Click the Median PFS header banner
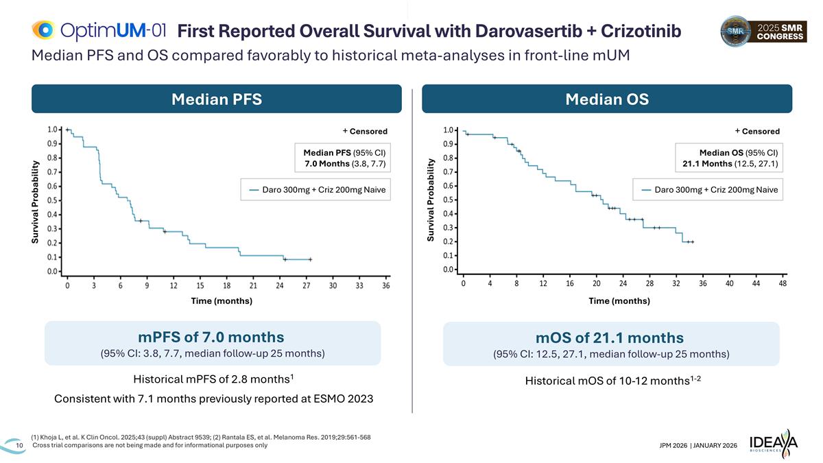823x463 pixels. (x=217, y=99)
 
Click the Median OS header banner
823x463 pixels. (x=607, y=99)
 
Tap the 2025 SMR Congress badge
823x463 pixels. (x=763, y=32)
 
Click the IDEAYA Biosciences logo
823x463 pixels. (x=774, y=443)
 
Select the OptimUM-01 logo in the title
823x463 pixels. (x=99, y=30)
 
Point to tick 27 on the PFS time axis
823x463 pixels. (x=307, y=285)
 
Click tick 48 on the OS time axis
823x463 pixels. (x=783, y=283)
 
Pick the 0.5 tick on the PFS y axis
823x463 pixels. (x=53, y=200)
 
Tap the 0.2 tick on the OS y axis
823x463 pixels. (x=449, y=241)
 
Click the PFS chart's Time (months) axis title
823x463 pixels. (x=222, y=301)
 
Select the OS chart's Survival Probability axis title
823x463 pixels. (x=431, y=200)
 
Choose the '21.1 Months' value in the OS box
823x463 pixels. (x=707, y=163)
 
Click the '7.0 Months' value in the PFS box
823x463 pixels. (x=327, y=163)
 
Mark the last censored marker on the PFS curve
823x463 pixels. (x=311, y=259)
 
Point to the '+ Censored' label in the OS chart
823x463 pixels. (x=757, y=131)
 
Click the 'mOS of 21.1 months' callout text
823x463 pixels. (x=610, y=337)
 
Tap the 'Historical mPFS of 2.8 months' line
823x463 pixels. (x=213, y=379)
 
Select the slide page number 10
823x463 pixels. (x=19, y=445)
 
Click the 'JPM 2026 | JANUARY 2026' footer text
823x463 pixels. (x=698, y=445)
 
